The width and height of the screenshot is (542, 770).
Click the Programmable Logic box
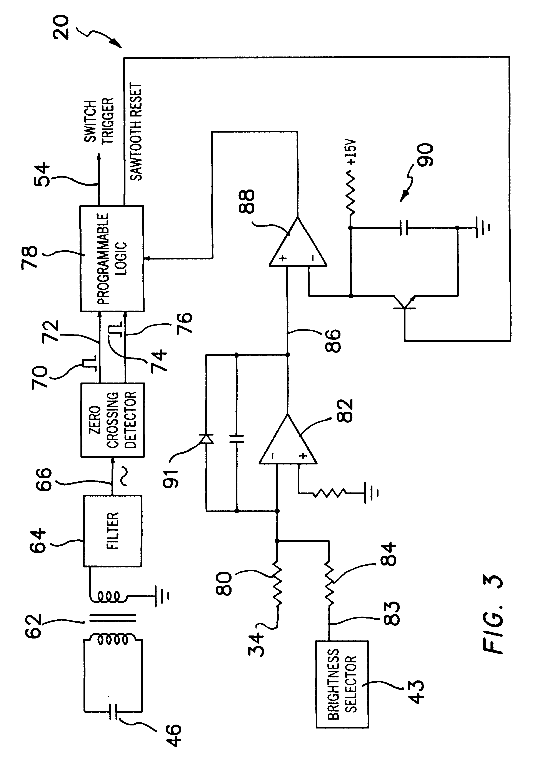[x=112, y=259]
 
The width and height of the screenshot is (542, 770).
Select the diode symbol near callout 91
[x=206, y=439]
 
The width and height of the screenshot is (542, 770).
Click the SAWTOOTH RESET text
[x=136, y=131]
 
